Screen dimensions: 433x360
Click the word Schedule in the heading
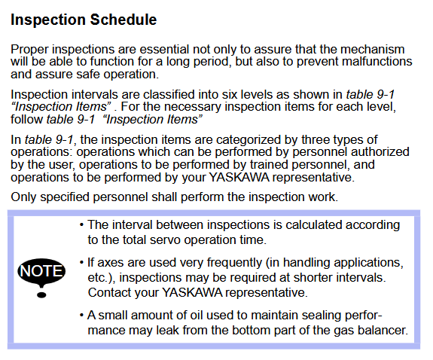coord(123,20)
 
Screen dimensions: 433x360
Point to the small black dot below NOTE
coord(41,295)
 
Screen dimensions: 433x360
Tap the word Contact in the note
coord(108,292)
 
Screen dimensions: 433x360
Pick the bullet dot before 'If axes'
coord(81,263)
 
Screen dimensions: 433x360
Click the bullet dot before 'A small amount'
coord(81,316)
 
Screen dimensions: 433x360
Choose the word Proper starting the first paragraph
coord(29,50)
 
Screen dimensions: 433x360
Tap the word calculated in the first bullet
coord(314,225)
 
